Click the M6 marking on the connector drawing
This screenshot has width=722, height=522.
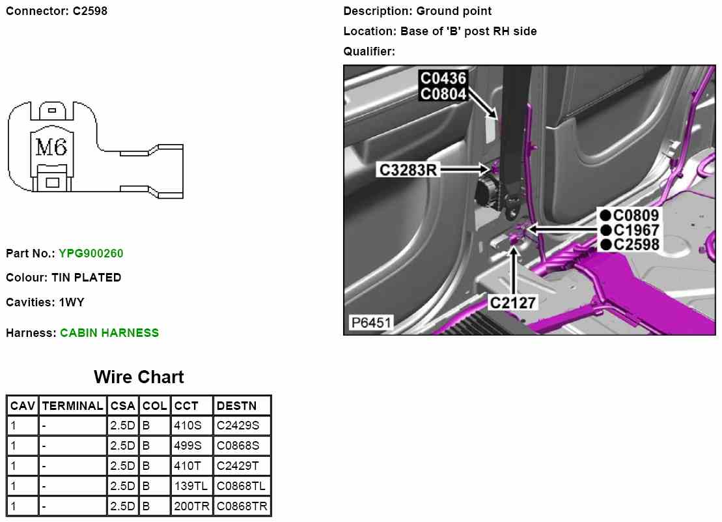click(x=51, y=148)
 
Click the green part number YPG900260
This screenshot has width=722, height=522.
click(x=90, y=254)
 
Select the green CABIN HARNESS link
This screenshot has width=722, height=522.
click(x=109, y=333)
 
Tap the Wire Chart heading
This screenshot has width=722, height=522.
click(x=139, y=377)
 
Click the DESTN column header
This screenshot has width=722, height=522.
click(x=236, y=406)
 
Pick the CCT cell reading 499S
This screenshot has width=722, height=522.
click(x=188, y=446)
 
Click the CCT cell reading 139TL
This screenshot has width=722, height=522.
click(x=191, y=487)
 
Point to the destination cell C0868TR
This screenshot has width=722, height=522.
click(x=242, y=507)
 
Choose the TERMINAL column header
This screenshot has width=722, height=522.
click(x=72, y=406)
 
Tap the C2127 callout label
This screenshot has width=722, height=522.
click(x=513, y=302)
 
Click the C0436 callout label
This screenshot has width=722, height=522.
click(x=443, y=79)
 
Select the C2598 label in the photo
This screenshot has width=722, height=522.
click(x=636, y=245)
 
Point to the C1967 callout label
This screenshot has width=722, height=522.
click(x=636, y=230)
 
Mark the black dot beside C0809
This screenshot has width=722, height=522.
click(x=605, y=216)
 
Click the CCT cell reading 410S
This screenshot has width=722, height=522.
click(x=188, y=426)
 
